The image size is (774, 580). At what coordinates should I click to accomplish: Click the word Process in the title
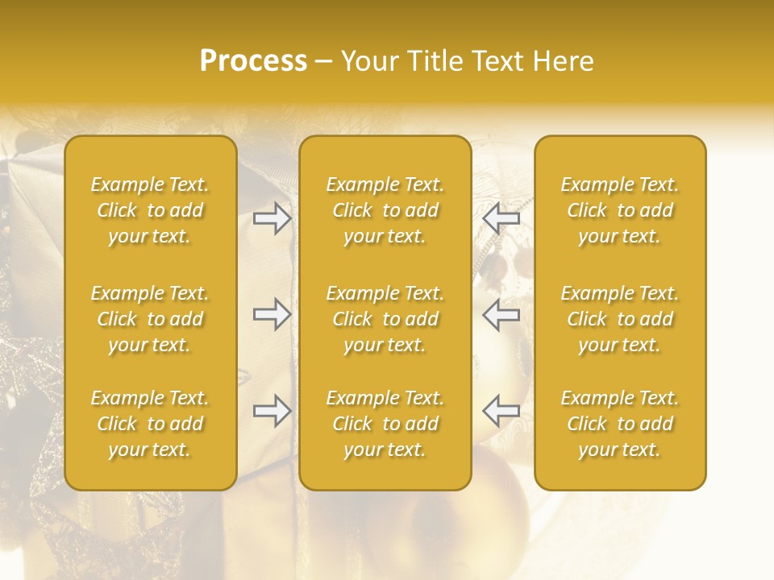pos(253,61)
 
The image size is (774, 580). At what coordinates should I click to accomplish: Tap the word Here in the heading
pos(562,61)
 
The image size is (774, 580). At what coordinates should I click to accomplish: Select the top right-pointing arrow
pos(273,218)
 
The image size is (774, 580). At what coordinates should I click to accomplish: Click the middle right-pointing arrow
pos(273,314)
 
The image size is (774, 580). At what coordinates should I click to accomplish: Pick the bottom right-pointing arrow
pos(273,411)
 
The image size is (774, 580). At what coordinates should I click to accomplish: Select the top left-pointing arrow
pos(501,218)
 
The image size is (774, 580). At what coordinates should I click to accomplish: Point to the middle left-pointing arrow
pos(501,314)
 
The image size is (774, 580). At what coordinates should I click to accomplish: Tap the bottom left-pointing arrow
pos(501,411)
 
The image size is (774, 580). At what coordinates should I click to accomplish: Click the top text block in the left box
pos(150,210)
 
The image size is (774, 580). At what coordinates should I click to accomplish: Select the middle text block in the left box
pos(150,319)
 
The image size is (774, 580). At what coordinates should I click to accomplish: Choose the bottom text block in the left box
pos(150,424)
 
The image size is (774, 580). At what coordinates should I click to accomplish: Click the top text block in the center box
pos(385,210)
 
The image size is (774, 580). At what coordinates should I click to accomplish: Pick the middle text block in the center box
pos(385,319)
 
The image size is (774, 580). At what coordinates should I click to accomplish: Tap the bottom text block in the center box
pos(385,424)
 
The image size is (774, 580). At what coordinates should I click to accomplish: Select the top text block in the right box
pos(619,210)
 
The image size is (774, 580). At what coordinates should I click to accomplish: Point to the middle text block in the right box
pos(619,319)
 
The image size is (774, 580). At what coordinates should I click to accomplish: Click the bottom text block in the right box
pos(619,424)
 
